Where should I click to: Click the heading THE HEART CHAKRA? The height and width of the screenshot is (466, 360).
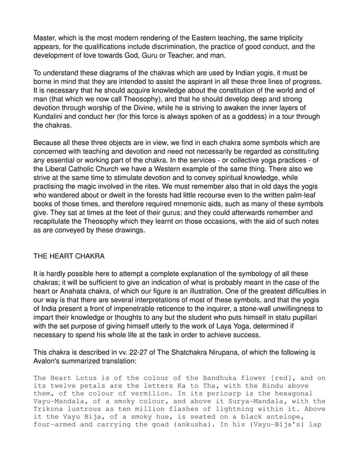[x=70, y=256]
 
